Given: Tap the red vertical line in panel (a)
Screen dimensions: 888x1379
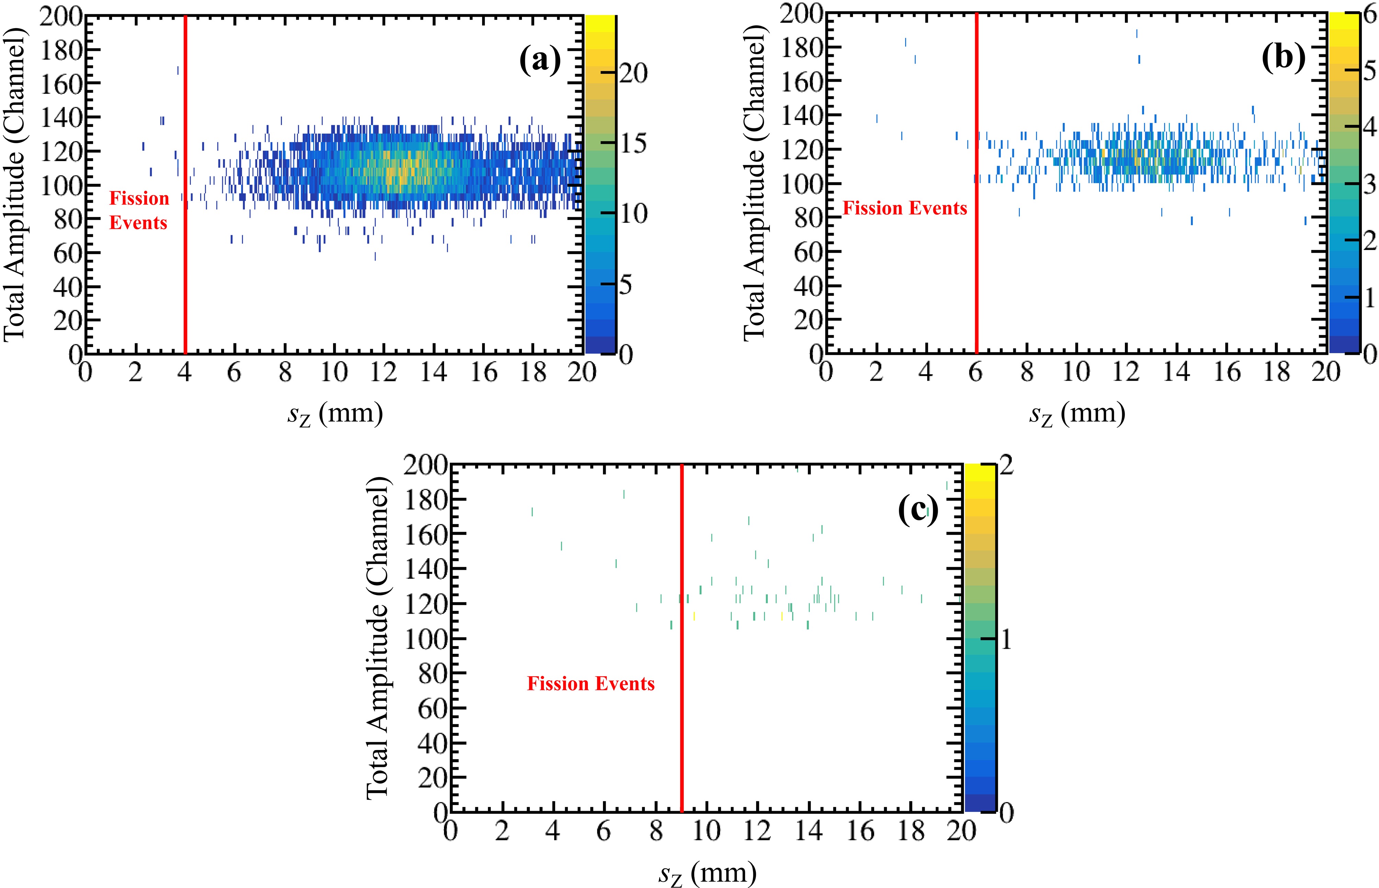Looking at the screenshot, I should pos(185,185).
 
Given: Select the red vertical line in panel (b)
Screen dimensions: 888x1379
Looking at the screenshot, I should pos(977,185).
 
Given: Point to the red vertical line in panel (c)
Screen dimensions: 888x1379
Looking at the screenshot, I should pos(682,637).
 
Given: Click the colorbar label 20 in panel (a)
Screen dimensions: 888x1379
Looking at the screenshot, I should pos(633,73).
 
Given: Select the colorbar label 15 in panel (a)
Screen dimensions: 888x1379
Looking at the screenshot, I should pos(633,143).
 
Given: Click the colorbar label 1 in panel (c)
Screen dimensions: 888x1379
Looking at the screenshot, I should pos(1006,639).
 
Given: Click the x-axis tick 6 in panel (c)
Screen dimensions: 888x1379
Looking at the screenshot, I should pos(603,831).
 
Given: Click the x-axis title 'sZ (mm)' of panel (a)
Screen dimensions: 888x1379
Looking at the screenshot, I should pos(334,414).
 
